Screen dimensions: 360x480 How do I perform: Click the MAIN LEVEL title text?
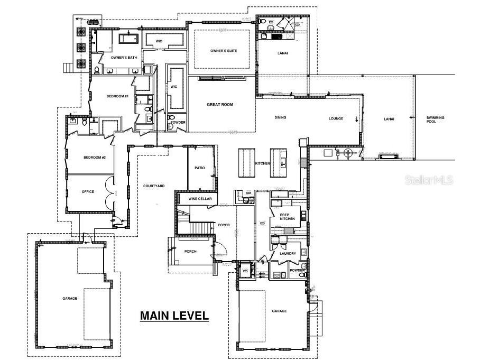[174, 316]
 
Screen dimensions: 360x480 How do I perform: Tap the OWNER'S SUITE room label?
[224, 51]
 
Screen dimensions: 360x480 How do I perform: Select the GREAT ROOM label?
[219, 105]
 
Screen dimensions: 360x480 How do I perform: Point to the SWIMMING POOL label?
[436, 119]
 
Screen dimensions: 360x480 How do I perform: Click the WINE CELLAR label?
[200, 198]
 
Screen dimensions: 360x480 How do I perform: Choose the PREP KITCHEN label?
[287, 217]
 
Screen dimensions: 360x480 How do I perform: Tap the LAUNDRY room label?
[280, 253]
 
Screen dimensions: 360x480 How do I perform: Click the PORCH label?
[190, 251]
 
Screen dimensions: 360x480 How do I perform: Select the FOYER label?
[224, 225]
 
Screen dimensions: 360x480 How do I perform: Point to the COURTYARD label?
[154, 186]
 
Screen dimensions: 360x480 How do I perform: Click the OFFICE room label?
[88, 191]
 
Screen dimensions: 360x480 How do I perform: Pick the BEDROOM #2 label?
[95, 158]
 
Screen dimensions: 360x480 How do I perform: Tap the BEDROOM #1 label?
[117, 96]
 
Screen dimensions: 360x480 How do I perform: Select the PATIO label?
[199, 168]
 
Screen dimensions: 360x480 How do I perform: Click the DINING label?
[280, 117]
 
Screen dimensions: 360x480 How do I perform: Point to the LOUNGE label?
[336, 118]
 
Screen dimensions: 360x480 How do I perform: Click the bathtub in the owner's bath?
[128, 39]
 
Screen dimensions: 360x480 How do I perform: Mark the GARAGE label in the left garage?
[69, 298]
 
